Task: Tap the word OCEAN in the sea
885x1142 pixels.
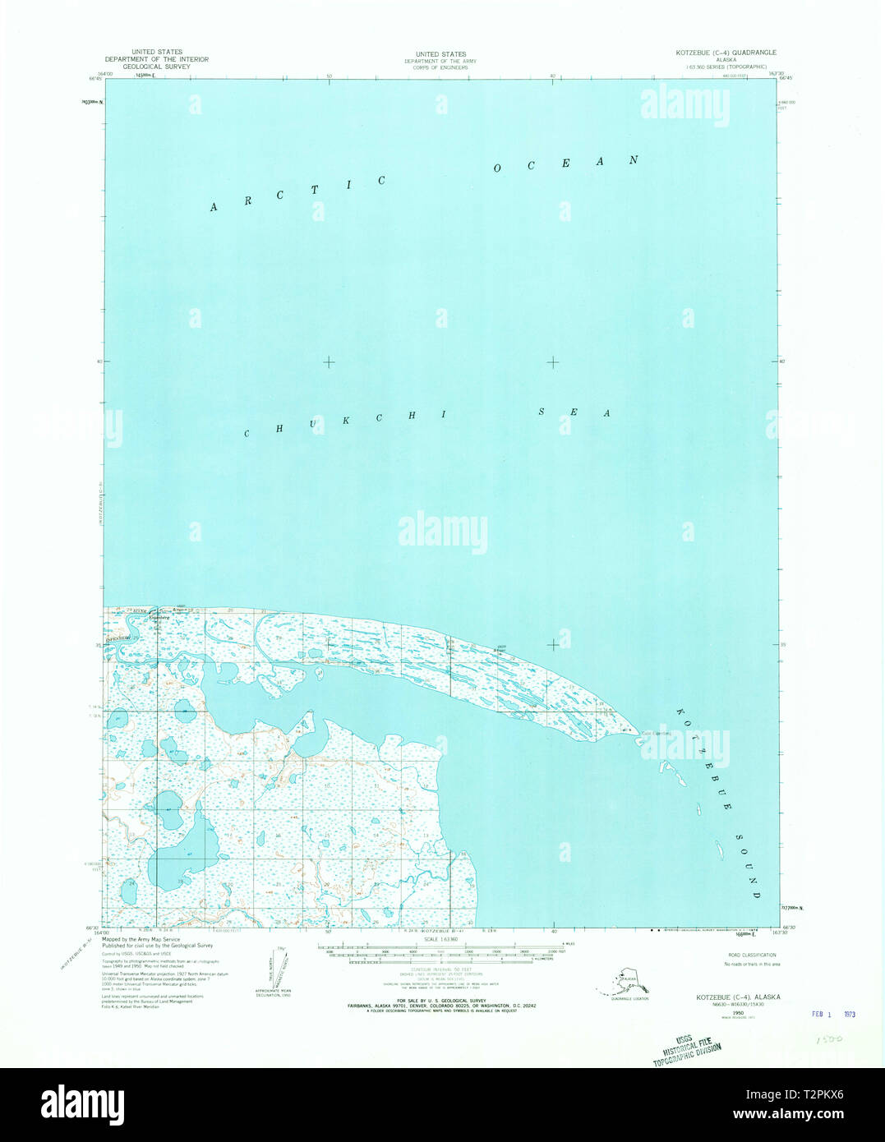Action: point(565,163)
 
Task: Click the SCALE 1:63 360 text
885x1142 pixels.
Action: point(442,939)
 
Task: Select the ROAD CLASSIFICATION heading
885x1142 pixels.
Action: point(752,955)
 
